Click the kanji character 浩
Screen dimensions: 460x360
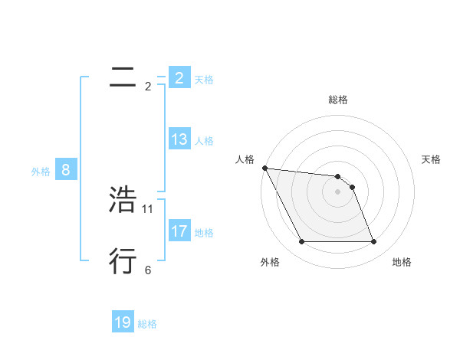click(123, 200)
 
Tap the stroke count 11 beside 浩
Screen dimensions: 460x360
click(148, 208)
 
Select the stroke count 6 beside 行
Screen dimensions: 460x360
click(148, 270)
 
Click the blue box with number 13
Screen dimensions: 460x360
click(179, 139)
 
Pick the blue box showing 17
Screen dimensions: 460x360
click(179, 231)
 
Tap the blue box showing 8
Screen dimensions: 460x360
click(66, 170)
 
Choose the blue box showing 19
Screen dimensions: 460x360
click(123, 322)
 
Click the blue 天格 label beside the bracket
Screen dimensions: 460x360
click(204, 79)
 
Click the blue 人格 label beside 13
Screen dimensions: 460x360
click(204, 141)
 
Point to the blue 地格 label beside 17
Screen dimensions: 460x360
click(204, 233)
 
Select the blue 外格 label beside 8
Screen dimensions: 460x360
click(41, 172)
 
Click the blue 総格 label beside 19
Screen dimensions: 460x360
click(147, 324)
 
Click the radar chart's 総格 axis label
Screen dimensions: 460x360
click(338, 100)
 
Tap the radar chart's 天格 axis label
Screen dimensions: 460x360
click(432, 159)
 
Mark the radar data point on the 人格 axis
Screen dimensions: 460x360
click(264, 168)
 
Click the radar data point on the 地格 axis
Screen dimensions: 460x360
click(374, 242)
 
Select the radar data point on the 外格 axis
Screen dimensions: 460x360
click(301, 242)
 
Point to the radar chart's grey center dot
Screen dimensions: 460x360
click(338, 191)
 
